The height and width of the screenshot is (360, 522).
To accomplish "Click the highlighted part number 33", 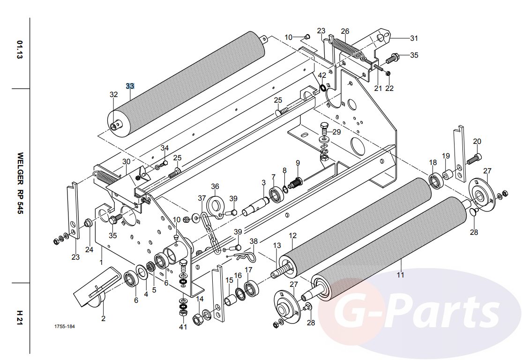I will pyautogui.click(x=130, y=86).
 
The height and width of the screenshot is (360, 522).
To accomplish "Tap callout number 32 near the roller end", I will pyautogui.click(x=114, y=94).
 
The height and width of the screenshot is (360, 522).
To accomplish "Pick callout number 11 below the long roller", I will pyautogui.click(x=400, y=275).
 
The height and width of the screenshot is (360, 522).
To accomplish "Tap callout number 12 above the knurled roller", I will pyautogui.click(x=293, y=235).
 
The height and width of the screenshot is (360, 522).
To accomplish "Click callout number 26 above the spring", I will pyautogui.click(x=345, y=31).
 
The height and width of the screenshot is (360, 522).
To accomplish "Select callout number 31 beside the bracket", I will pyautogui.click(x=414, y=38).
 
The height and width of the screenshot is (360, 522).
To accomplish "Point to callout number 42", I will pyautogui.click(x=322, y=75).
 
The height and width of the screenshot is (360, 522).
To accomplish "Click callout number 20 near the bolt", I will pyautogui.click(x=477, y=141).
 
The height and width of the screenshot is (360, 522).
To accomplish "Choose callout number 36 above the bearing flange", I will pyautogui.click(x=215, y=186).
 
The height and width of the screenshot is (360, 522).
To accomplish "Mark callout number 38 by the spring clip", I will pyautogui.click(x=254, y=241).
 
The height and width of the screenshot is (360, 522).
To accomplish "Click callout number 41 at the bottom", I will pyautogui.click(x=183, y=327).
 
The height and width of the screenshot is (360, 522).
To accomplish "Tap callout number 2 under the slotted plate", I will pyautogui.click(x=103, y=318).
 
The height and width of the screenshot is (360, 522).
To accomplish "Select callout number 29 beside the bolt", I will pyautogui.click(x=337, y=132).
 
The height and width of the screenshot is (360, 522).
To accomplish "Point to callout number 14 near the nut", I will pyautogui.click(x=200, y=299).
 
